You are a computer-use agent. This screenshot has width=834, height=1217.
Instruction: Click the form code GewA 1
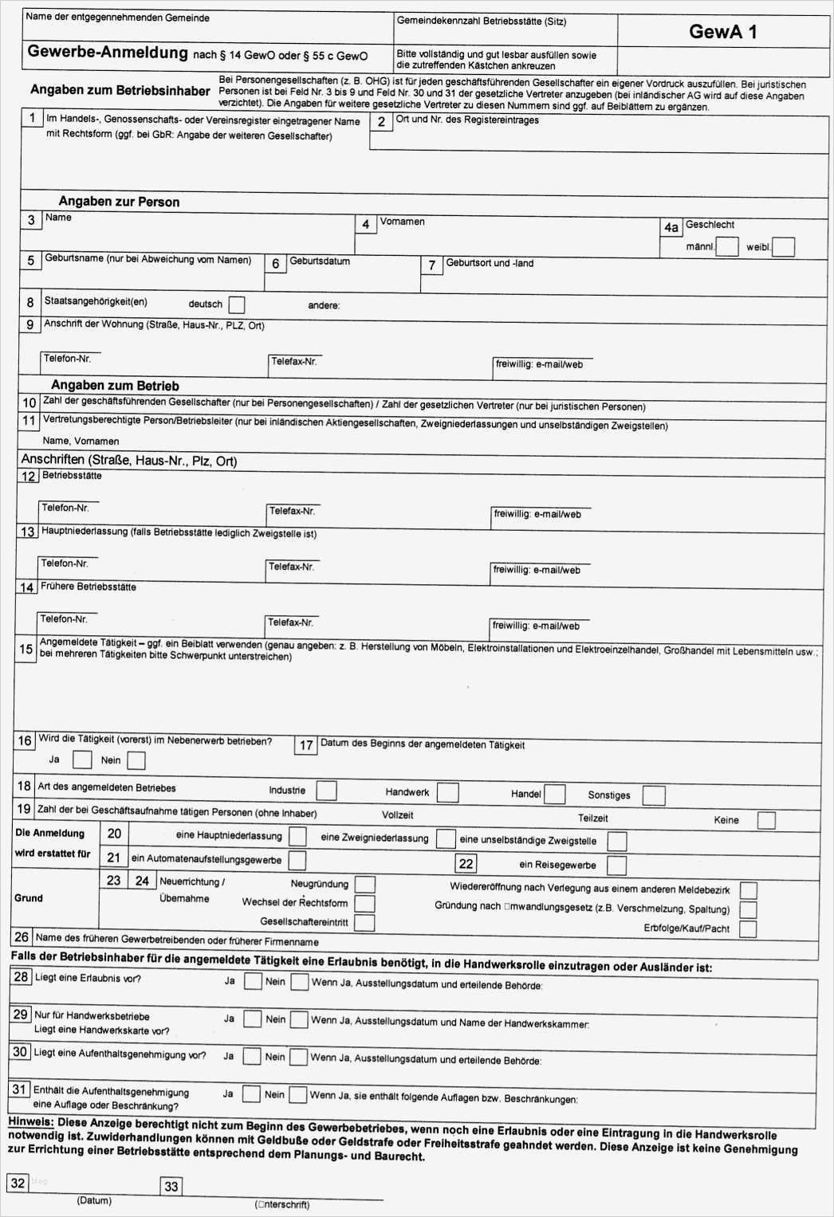(722, 32)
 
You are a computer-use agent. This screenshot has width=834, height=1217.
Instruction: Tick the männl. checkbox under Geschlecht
(726, 247)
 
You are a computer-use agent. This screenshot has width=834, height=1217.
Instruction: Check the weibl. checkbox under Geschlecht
(783, 247)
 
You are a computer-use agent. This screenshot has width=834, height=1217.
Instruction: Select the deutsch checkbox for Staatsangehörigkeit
(236, 305)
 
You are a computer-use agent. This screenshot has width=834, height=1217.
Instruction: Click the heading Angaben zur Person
(119, 202)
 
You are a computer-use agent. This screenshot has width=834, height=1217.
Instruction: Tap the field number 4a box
(671, 228)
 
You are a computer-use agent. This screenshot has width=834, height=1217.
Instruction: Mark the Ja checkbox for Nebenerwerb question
(82, 760)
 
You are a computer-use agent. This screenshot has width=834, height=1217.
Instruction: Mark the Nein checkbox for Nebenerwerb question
(136, 760)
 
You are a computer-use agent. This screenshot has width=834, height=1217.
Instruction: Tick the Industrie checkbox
(326, 791)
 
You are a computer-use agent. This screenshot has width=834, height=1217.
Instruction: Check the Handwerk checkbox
(448, 792)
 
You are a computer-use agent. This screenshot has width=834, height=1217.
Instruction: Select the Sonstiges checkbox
(653, 795)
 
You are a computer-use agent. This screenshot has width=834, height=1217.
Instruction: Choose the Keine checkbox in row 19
(765, 820)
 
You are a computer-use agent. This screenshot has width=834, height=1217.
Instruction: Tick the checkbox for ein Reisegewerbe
(616, 866)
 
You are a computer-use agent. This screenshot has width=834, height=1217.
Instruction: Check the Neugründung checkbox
(364, 884)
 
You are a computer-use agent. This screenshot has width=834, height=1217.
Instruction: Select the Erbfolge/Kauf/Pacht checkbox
(747, 928)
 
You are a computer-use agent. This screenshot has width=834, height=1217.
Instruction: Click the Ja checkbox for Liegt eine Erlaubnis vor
(252, 981)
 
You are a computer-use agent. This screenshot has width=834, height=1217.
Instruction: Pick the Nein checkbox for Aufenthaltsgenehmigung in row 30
(297, 1057)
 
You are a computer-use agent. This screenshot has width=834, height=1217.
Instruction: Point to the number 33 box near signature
(171, 1187)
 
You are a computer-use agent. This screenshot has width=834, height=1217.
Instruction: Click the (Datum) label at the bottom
(94, 1200)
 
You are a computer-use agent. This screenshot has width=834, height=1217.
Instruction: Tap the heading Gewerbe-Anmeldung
(108, 53)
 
